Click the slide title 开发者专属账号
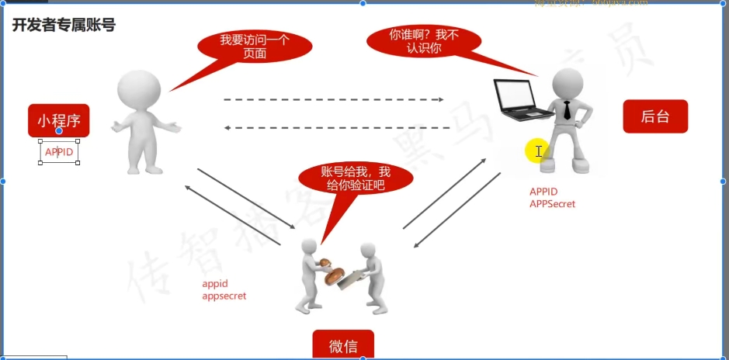64,26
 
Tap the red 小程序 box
59,120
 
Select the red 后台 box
654,116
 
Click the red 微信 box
343,345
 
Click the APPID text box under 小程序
59,152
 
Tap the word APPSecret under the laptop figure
553,203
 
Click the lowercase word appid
215,284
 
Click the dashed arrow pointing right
333,100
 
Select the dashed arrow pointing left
336,127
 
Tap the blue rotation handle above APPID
59,131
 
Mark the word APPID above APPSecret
543,192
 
